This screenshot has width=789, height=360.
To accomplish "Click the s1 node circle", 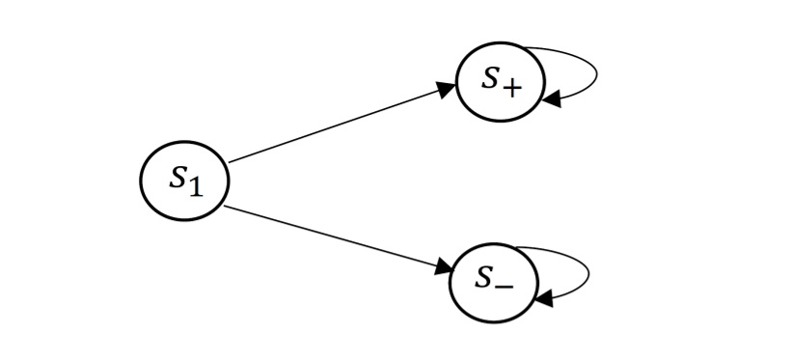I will click(x=184, y=180).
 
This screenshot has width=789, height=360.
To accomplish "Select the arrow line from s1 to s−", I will click(x=338, y=237).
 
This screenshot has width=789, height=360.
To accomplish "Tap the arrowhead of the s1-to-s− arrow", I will click(x=443, y=267).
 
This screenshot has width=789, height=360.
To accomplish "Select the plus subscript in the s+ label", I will click(x=512, y=88).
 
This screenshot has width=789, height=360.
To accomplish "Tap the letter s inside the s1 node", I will click(x=177, y=177).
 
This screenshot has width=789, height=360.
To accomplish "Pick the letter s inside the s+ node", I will click(x=491, y=77).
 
